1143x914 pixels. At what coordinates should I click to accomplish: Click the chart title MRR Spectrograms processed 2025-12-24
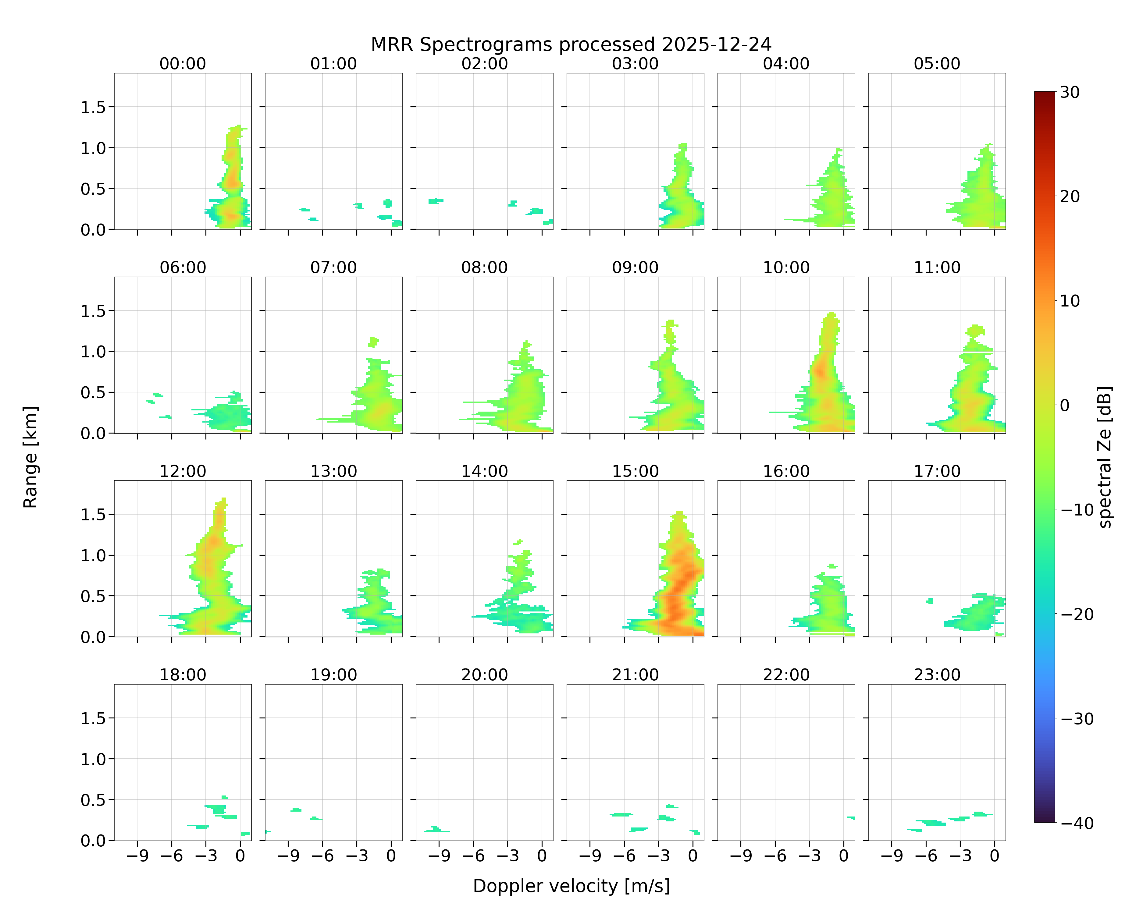571,44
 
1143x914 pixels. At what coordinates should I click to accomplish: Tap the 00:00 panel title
183,64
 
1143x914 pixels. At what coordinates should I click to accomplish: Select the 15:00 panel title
635,471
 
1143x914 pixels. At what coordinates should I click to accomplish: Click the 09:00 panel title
635,267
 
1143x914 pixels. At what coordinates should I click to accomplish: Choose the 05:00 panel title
937,64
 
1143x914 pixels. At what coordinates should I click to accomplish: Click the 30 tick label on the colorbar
1070,92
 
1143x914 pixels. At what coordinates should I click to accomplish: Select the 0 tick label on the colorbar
1065,405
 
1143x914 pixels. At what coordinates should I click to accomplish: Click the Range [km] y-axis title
30,457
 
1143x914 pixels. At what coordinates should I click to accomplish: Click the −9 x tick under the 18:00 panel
137,856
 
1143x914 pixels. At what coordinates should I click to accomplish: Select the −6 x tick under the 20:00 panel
473,856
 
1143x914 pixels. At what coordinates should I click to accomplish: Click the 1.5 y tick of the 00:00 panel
93,107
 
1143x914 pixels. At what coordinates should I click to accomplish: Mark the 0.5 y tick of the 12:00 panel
93,596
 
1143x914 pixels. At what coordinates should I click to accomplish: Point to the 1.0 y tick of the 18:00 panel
93,759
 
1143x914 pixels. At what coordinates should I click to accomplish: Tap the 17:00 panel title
937,471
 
